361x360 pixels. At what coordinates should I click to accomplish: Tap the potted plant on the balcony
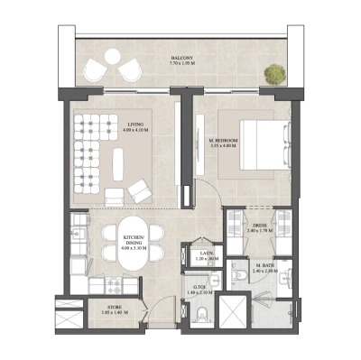point(271,71)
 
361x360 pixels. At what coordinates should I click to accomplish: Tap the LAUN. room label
point(206,254)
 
